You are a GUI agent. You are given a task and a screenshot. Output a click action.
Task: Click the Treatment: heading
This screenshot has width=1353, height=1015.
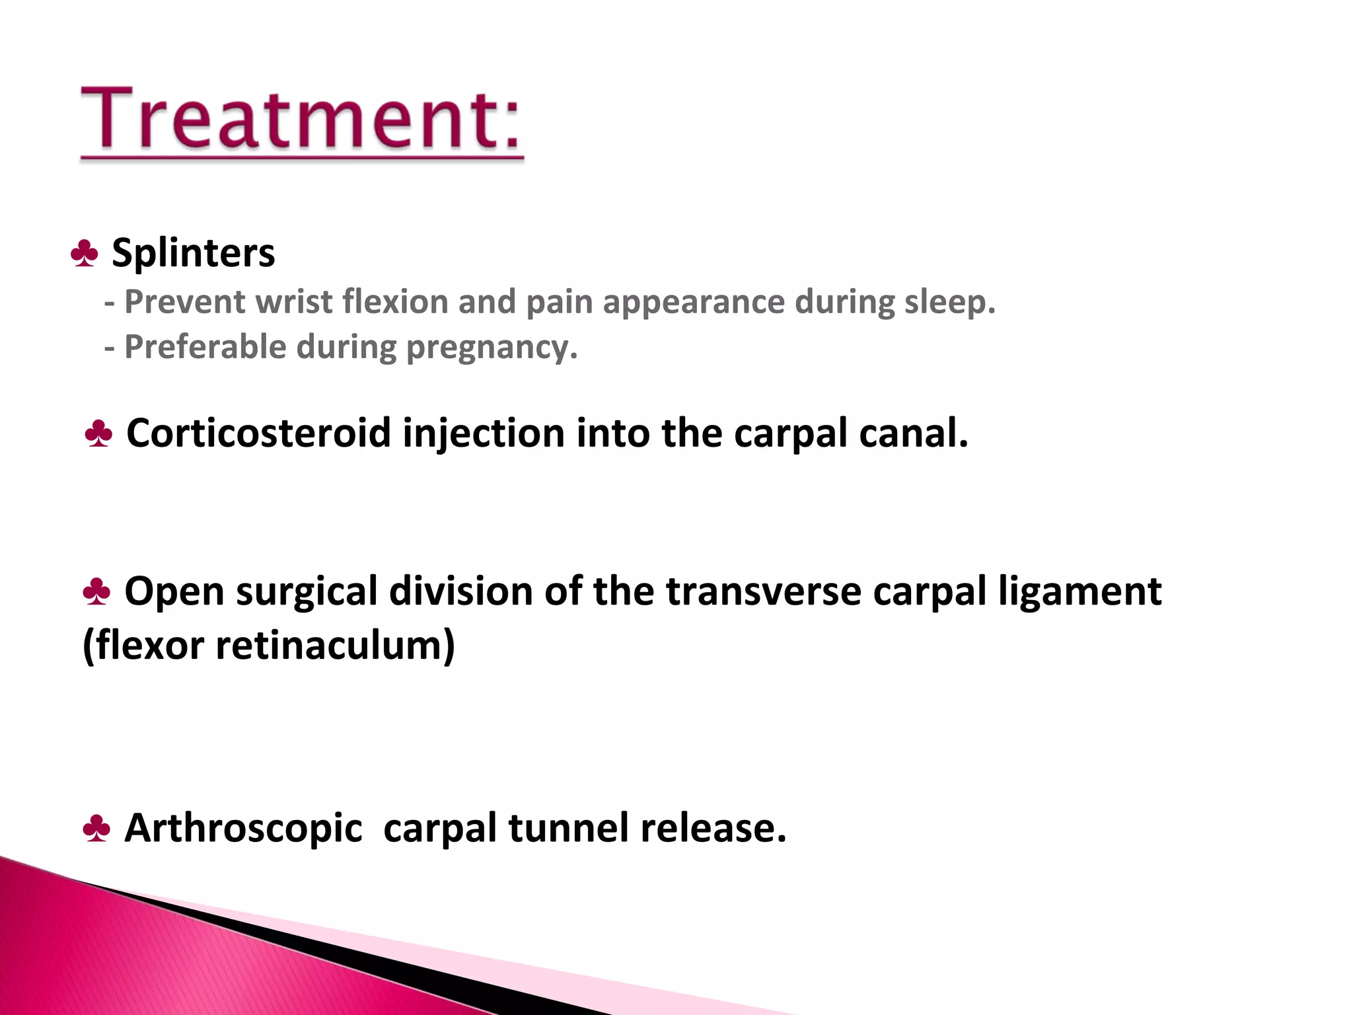point(301,119)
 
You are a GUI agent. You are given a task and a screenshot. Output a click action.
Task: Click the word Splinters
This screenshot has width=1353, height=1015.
point(193,253)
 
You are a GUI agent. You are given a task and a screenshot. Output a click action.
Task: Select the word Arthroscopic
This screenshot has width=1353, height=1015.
point(243,829)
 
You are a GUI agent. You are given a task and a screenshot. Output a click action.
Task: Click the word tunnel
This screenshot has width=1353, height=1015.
point(567,827)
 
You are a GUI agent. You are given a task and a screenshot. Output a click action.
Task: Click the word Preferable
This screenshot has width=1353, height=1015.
point(205,347)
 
